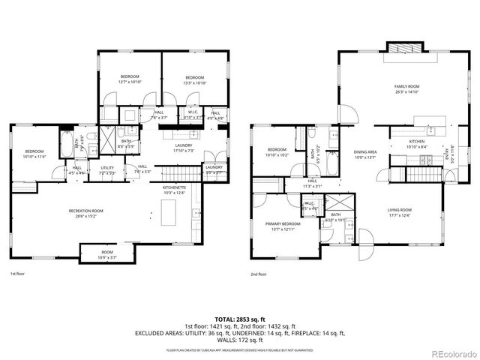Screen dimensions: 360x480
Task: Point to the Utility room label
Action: point(106,169)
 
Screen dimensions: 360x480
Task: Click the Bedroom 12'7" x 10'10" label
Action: point(131,79)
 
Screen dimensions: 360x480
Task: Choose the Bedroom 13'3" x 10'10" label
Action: point(195,79)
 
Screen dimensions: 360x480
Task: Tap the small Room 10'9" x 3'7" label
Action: point(107,255)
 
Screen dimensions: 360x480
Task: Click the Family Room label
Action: point(407,88)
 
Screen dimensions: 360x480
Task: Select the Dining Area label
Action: point(365,154)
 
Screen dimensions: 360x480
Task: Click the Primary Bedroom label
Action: point(282,226)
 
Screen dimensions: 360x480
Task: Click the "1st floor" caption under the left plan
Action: point(18,274)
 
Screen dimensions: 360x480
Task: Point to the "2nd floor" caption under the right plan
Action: point(259,274)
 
